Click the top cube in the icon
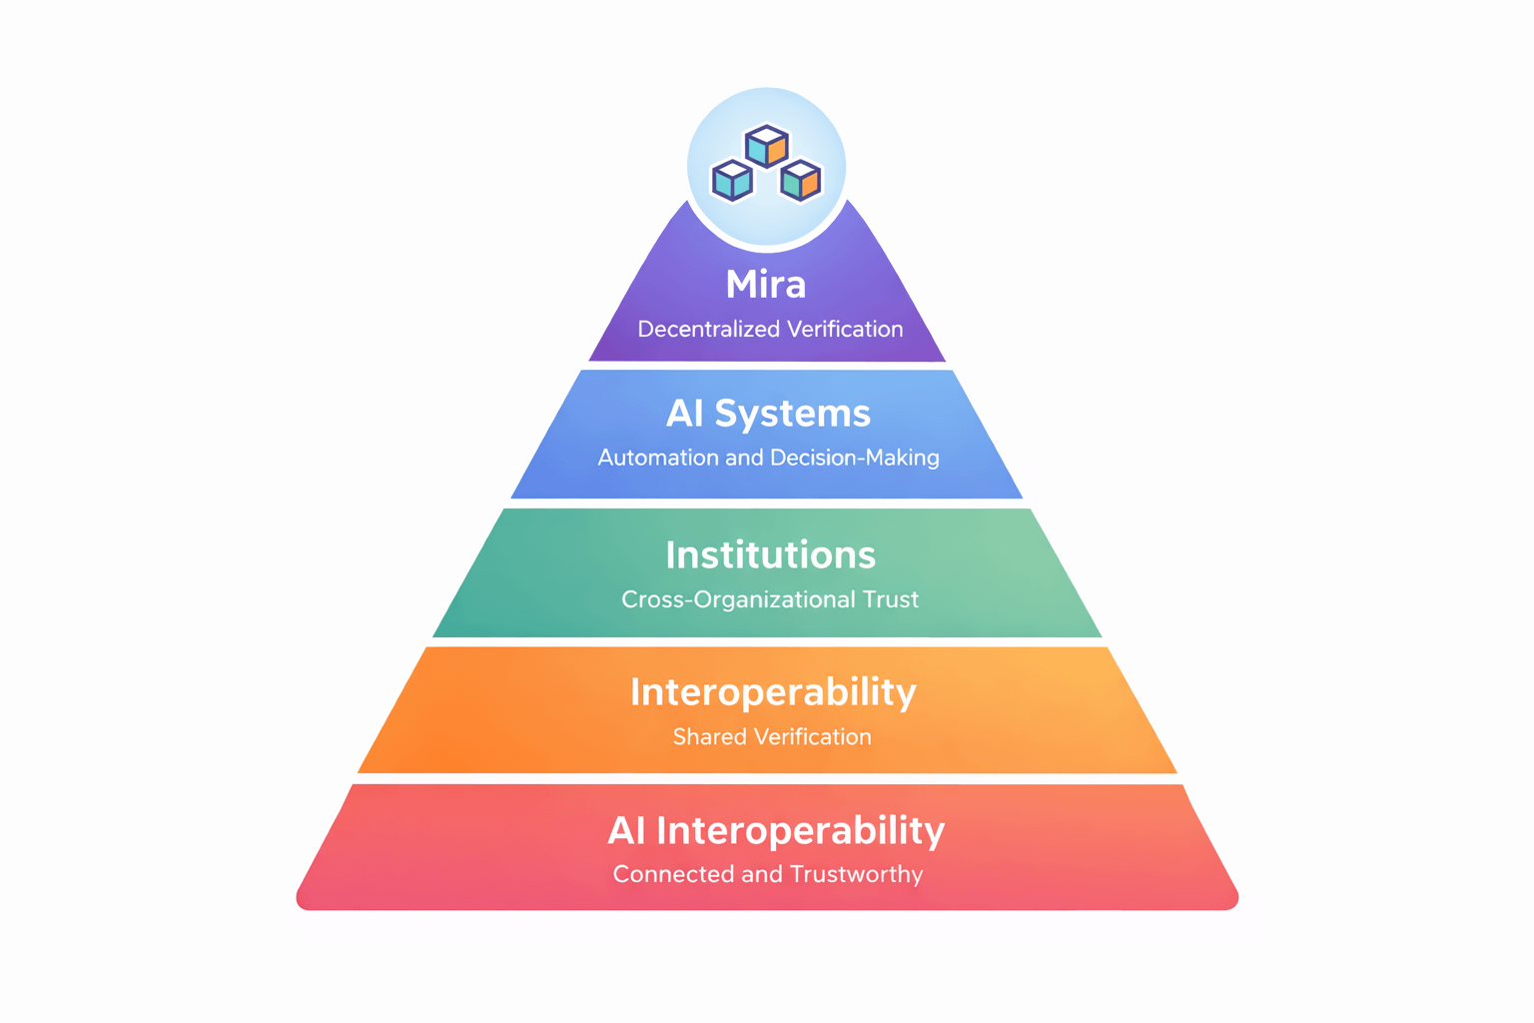[x=767, y=146]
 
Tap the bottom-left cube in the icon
[x=732, y=181]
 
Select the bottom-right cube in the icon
[x=801, y=180]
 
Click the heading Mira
[x=766, y=285]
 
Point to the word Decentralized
[x=708, y=329]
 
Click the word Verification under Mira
[x=845, y=329]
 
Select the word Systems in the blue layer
[x=792, y=414]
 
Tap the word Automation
[x=658, y=458]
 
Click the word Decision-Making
[x=854, y=458]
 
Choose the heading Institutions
[x=770, y=555]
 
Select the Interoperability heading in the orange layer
[x=773, y=692]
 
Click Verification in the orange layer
[x=813, y=737]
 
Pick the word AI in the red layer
[x=626, y=831]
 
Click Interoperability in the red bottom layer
[x=800, y=831]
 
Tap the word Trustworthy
[x=856, y=874]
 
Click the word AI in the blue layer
[x=685, y=414]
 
